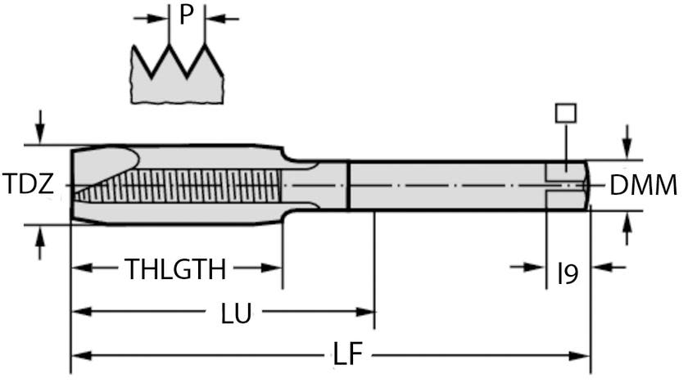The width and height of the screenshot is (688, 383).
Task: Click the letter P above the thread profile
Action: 186,15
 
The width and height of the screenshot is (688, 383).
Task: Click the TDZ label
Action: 28,184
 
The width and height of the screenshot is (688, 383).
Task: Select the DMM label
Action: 643,186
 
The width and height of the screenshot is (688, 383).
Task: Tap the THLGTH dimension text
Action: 174,268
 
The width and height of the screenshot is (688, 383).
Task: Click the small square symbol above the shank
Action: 564,113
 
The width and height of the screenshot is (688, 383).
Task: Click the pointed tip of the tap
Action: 74,186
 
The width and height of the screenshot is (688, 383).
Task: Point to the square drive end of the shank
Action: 567,184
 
